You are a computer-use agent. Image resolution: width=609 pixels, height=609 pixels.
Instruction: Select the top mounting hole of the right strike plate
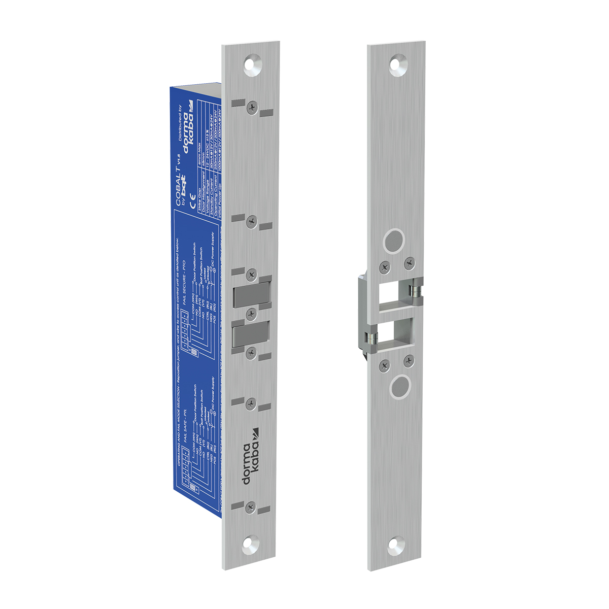(x=396, y=64)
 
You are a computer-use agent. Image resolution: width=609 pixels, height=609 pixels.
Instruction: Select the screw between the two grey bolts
(x=250, y=314)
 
